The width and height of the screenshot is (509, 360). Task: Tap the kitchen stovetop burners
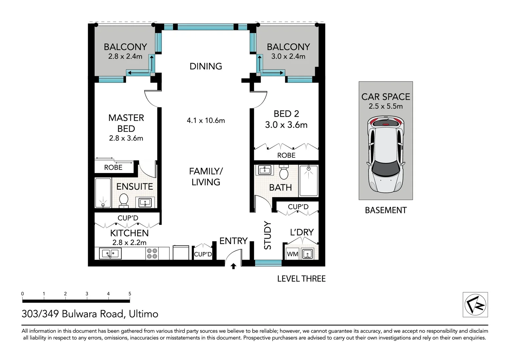pos(152,253)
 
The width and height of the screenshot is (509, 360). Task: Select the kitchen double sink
pos(110,253)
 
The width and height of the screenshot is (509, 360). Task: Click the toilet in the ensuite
pos(124,201)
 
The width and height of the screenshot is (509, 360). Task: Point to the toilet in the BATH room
pos(284,172)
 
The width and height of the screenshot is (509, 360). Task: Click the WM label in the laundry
pos(292,254)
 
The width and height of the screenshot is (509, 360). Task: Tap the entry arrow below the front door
pos(233,266)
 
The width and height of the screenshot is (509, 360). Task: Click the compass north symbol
pos(475,305)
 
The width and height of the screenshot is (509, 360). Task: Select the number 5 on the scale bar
pos(130,294)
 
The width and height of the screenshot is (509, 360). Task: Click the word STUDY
pos(267,235)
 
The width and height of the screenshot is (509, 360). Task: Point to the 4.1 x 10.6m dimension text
pos(206,120)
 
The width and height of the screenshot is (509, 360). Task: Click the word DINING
pos(206,66)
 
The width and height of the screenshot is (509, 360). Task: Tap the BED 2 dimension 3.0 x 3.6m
pos(286,125)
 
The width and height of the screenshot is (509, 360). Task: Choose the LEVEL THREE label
pos(301,279)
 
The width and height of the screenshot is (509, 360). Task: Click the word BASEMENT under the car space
pos(386,210)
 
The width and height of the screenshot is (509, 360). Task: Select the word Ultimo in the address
pos(143,314)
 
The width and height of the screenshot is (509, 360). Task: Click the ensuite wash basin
pos(145,202)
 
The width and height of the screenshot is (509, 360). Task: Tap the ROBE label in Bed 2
pos(286,155)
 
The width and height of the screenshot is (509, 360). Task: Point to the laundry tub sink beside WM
pos(308,254)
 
